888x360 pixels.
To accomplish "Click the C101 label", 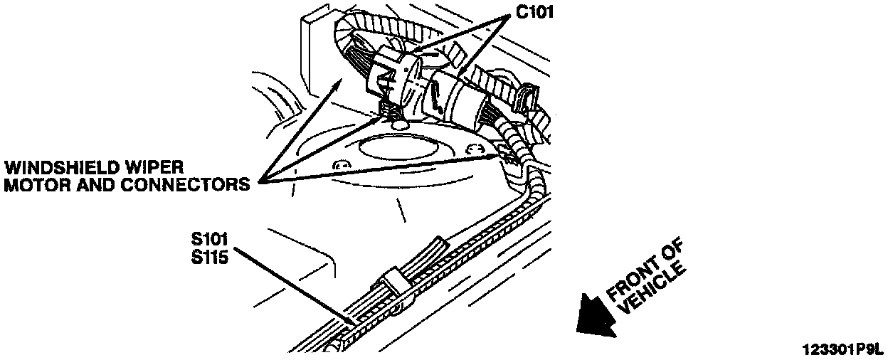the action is point(534,13).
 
